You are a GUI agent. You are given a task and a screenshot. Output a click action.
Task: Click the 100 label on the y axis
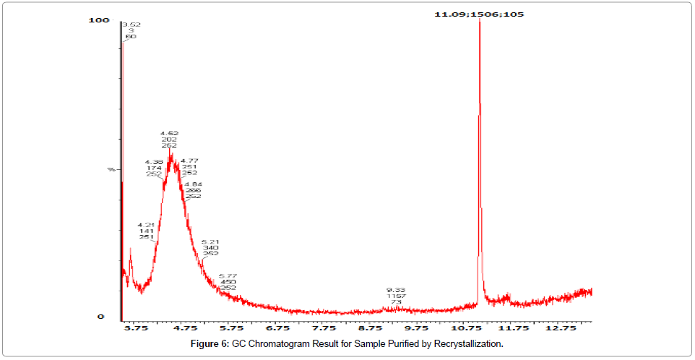(x=98, y=20)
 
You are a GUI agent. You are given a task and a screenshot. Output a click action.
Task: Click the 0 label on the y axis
(x=101, y=317)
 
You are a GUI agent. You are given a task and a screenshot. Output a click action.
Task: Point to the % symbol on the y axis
(x=111, y=169)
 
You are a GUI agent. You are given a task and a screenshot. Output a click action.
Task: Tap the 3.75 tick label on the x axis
(x=136, y=327)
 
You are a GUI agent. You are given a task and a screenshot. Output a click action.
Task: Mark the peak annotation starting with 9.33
(x=396, y=296)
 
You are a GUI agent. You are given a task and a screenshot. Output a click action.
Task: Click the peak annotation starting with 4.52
(x=170, y=140)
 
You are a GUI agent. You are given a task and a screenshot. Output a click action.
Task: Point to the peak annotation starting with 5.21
(x=210, y=248)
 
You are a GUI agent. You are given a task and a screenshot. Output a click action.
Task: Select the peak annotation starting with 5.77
(x=228, y=282)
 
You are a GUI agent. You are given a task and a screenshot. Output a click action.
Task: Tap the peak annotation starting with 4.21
(x=147, y=231)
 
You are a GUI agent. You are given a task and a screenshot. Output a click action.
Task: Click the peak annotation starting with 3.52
(x=131, y=30)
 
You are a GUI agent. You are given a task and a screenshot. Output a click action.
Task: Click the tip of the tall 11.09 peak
(x=479, y=20)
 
